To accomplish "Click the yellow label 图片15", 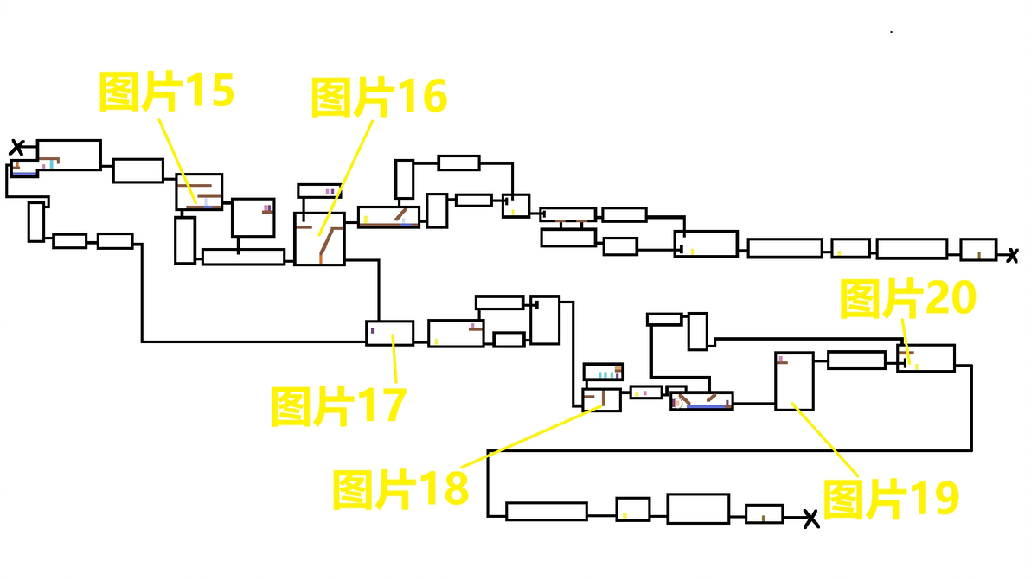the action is [166, 91].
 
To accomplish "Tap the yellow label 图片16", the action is [379, 97].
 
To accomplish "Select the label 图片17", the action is [339, 406].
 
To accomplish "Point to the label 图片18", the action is [400, 489].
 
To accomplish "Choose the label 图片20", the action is [908, 298].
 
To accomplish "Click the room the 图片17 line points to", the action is [390, 333].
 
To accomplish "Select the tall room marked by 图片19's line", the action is [794, 382].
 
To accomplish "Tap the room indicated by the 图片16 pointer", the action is [319, 239].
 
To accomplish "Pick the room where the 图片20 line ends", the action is [925, 358].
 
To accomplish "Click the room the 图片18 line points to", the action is [602, 400].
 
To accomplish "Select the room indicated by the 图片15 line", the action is [199, 192].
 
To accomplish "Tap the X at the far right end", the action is [1013, 256].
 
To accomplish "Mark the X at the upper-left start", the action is [17, 147].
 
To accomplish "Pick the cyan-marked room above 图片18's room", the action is [604, 372].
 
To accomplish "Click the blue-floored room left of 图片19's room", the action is [701, 401].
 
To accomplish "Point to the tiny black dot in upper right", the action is [892, 31].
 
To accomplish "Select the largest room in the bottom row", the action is [698, 508].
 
